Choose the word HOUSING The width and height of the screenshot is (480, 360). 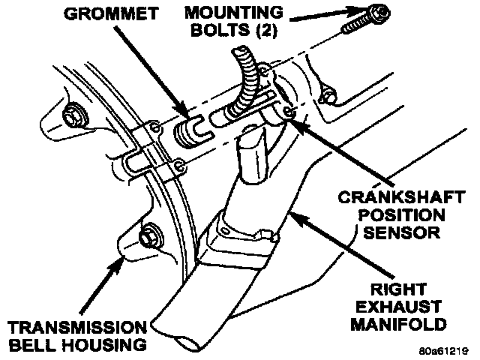101,346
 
